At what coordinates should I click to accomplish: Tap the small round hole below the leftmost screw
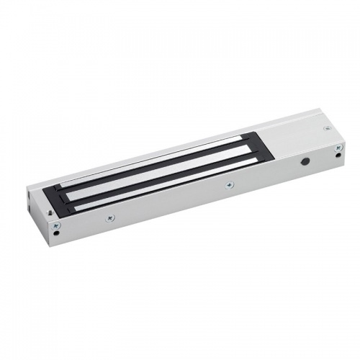point(56,235)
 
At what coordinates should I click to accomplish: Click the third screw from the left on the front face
point(228,185)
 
